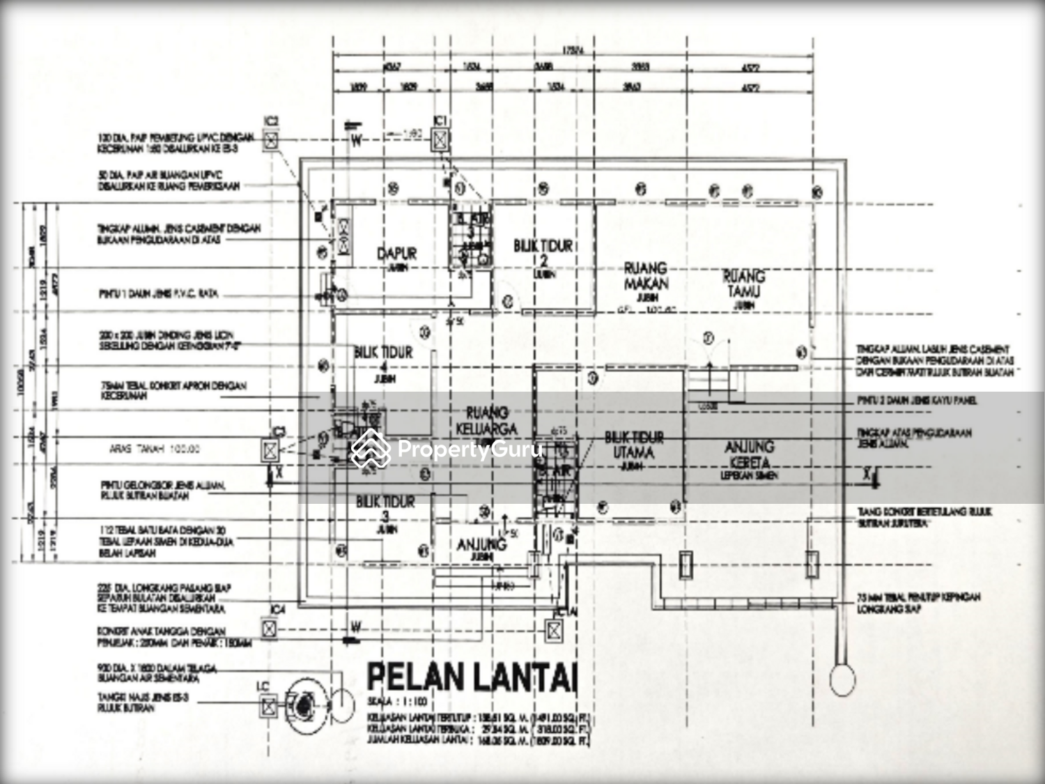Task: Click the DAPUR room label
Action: coord(397,254)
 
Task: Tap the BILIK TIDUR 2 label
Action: coord(543,253)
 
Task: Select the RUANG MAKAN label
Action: coord(646,276)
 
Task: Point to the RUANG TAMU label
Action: coord(743,284)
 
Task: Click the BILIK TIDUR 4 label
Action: coord(383,359)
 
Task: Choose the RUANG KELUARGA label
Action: coord(487,421)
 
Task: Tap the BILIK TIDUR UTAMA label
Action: coord(634,445)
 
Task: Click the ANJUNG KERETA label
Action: coord(749,454)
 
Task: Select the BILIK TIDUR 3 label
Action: coord(385,509)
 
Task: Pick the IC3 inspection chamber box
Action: coord(270,450)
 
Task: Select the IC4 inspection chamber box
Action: coord(269,629)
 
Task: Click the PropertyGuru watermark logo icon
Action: coord(370,448)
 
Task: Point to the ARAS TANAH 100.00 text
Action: coord(154,449)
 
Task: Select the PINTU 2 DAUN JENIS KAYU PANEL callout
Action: coord(916,401)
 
